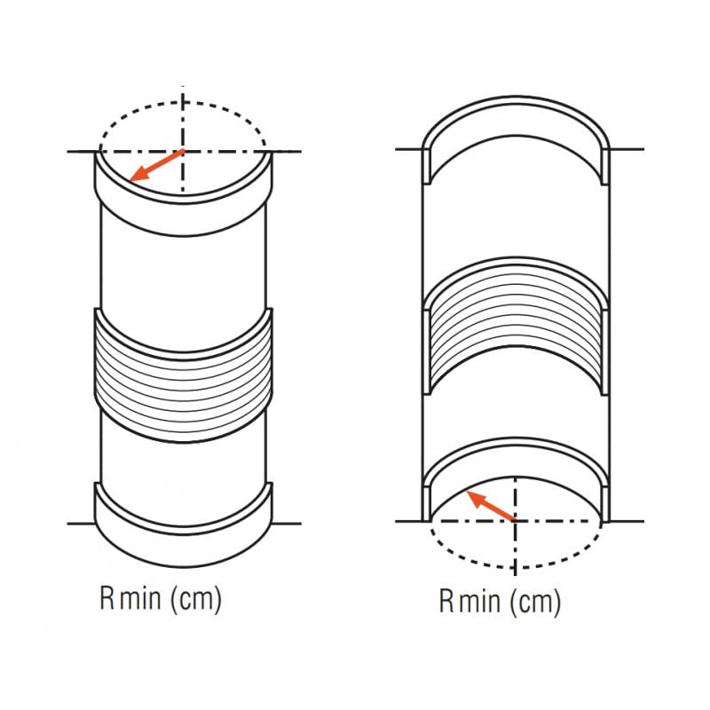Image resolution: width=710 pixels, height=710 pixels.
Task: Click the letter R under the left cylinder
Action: pyautogui.click(x=106, y=599)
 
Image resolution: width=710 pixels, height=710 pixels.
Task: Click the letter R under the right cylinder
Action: pyautogui.click(x=446, y=603)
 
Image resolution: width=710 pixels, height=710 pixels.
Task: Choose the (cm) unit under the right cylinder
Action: pyautogui.click(x=536, y=603)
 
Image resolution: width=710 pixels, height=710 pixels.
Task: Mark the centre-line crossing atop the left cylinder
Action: pyautogui.click(x=183, y=151)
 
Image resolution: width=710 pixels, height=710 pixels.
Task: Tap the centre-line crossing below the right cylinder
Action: pyautogui.click(x=515, y=520)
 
